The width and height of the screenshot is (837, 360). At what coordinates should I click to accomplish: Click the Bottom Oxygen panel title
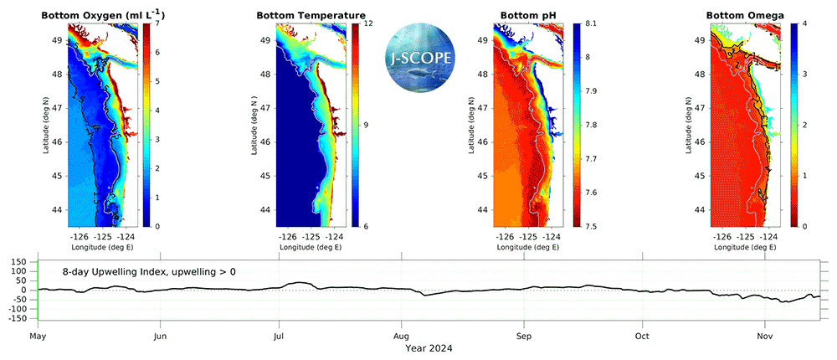pos(94,15)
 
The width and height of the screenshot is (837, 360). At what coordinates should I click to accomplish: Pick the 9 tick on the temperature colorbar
pos(367,125)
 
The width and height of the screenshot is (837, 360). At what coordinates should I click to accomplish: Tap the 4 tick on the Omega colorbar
pos(803,23)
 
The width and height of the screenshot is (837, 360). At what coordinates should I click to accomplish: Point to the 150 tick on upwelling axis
pos(18,261)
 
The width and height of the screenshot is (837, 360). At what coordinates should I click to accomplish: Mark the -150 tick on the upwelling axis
pos(17,319)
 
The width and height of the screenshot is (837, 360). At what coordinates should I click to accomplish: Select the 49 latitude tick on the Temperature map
pos(264,39)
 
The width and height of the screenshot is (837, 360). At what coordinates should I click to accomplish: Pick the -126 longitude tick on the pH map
pos(505,237)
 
